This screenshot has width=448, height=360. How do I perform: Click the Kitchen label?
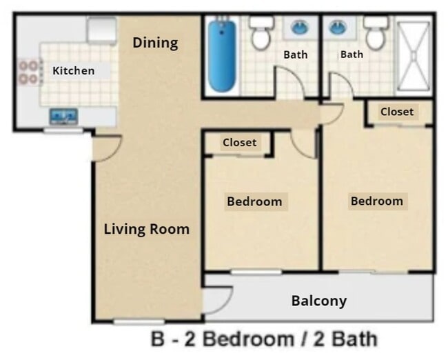click(73, 70)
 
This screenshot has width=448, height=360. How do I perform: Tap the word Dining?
click(155, 43)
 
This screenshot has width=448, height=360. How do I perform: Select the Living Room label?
click(146, 229)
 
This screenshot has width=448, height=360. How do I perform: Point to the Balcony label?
click(318, 301)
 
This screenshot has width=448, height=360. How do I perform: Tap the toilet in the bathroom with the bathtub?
click(261, 34)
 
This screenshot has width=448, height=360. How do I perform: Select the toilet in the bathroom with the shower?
click(376, 34)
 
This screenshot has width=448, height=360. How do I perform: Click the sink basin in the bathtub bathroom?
click(300, 28)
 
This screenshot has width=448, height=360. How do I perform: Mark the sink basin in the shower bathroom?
click(338, 28)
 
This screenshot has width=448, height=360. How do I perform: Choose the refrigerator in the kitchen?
click(101, 30)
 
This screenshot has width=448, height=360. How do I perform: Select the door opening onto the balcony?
click(217, 299)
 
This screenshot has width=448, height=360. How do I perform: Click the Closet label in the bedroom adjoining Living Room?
click(239, 143)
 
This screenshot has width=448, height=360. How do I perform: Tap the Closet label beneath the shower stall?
click(397, 112)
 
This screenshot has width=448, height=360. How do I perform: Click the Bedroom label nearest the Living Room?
click(254, 201)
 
